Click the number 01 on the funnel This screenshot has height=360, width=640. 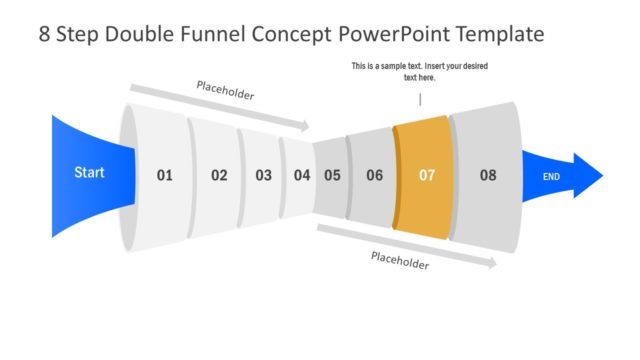point(164,175)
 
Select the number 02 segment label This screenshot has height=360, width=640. point(219,175)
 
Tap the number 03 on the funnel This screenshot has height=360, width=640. point(263,175)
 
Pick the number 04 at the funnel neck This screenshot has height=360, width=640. point(302,175)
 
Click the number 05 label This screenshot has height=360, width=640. point(332,175)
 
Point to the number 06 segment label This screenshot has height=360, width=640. point(374,175)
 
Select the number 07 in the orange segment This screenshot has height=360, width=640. point(427,175)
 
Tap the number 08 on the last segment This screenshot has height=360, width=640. point(487,175)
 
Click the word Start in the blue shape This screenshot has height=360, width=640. point(89,172)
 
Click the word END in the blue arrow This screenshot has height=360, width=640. point(551,176)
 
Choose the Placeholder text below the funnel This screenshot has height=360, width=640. point(400,261)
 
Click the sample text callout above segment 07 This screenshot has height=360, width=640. point(420,71)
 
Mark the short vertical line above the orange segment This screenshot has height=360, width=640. point(420,99)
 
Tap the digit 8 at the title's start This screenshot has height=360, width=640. point(45,35)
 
